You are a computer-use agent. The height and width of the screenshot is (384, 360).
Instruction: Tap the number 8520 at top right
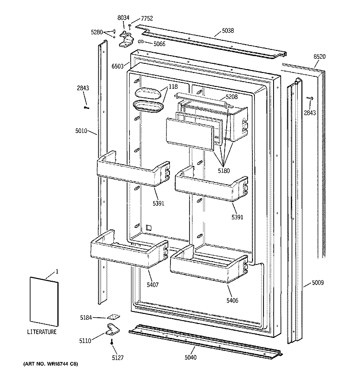click(x=320, y=57)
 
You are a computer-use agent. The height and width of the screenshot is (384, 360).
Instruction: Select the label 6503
click(x=118, y=67)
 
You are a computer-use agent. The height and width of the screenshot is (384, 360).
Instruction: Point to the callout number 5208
click(x=232, y=96)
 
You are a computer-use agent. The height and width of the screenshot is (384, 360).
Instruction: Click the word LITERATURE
click(x=41, y=332)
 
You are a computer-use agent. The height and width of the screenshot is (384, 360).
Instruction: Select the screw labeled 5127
click(x=112, y=342)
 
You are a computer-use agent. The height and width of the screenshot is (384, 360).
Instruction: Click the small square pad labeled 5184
click(x=114, y=317)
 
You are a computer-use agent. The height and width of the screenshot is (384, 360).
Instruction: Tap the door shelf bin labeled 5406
click(x=210, y=265)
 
